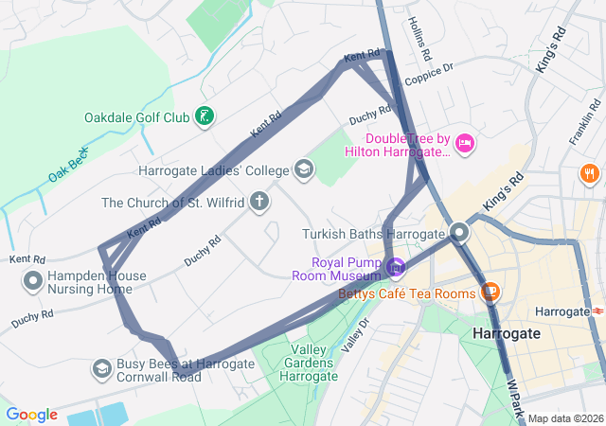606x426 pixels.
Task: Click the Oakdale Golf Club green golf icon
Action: (204, 117)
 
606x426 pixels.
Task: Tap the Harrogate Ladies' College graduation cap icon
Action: (304, 170)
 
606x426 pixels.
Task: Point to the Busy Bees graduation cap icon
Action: (101, 367)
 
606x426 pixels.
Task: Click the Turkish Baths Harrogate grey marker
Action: (460, 232)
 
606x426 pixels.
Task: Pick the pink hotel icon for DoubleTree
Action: (464, 143)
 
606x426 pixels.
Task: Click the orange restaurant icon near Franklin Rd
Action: (589, 173)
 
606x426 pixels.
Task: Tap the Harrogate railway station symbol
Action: (598, 311)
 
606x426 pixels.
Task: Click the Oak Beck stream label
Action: (68, 165)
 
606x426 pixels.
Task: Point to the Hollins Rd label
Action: (419, 36)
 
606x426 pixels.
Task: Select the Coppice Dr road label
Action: (429, 72)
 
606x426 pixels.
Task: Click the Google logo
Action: (31, 415)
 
